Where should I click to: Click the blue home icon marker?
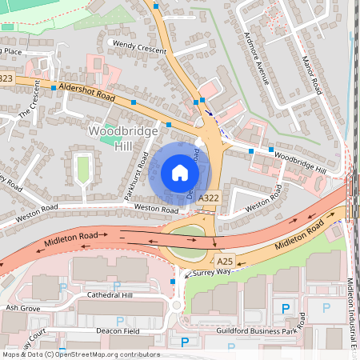[x=180, y=173]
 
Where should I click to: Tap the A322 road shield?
[x=209, y=198]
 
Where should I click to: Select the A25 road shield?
[x=224, y=261]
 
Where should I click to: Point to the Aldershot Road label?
[x=90, y=92]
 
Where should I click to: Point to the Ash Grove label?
[x=22, y=307]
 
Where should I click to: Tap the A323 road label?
[x=6, y=78]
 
